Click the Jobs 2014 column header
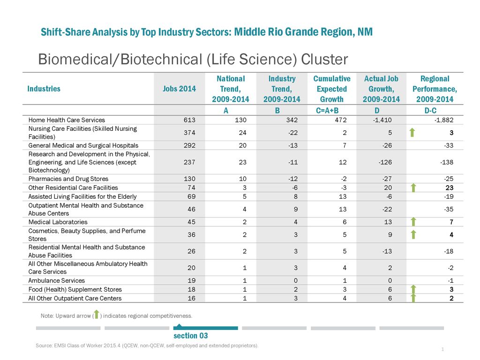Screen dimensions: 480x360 [x=179, y=89]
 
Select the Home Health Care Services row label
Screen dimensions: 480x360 [x=67, y=120]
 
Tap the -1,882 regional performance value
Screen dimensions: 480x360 [x=444, y=120]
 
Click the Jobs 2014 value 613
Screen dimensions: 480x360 [x=189, y=120]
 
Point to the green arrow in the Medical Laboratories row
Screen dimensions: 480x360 [x=413, y=222]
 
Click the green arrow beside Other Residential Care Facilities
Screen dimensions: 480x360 [x=413, y=187]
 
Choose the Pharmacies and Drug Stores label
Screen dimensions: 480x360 [x=68, y=179]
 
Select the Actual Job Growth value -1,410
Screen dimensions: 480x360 [x=382, y=120]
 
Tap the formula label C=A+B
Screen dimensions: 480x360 [x=327, y=111]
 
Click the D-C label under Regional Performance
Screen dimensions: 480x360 [x=430, y=111]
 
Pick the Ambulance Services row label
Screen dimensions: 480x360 [x=57, y=280]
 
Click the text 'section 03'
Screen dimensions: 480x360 [x=191, y=336]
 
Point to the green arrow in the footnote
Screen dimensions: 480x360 [x=97, y=315]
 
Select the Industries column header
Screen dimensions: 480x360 [x=44, y=89]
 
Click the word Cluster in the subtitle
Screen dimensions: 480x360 [x=324, y=60]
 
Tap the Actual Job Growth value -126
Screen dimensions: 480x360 [x=385, y=162]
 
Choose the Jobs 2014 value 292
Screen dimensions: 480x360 [x=189, y=145]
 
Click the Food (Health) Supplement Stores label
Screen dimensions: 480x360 [x=75, y=289]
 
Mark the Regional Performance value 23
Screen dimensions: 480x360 [x=450, y=187]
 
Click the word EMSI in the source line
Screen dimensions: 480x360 [x=60, y=345]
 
